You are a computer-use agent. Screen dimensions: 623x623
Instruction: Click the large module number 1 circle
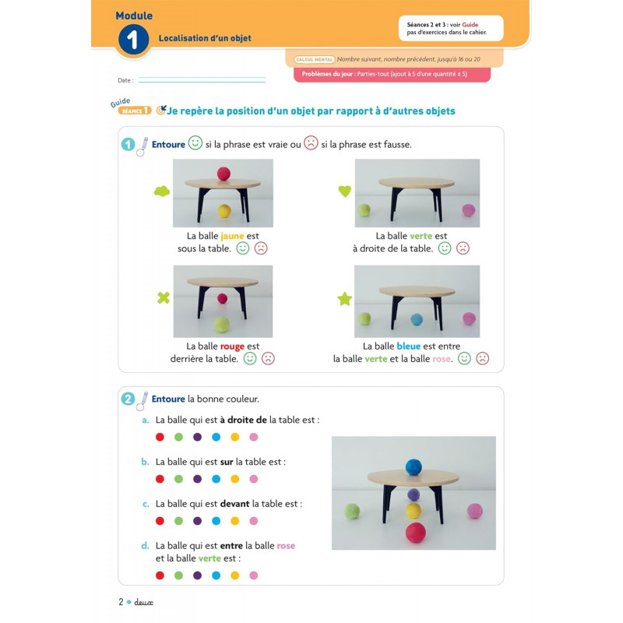point(133,40)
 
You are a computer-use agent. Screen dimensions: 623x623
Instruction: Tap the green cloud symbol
point(162,192)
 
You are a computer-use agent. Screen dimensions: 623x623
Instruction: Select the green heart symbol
point(344,191)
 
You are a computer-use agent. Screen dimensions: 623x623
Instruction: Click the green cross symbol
point(164,297)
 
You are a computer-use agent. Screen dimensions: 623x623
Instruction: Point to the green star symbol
point(344,298)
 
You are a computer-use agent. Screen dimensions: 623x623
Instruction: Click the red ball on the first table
point(224,174)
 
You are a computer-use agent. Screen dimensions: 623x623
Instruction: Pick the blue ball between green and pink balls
point(417,319)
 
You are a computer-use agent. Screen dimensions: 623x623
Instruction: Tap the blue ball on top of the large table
point(414,466)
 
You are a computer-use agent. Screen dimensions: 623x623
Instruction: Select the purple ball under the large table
point(414,495)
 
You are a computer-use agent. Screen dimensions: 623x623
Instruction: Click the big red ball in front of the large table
point(416,533)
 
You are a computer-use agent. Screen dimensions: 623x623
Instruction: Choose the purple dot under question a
point(198,437)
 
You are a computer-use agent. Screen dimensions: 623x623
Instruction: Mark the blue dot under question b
point(216,479)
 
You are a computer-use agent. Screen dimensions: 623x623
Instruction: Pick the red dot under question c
point(160,521)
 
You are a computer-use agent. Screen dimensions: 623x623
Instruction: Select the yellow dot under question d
point(235,575)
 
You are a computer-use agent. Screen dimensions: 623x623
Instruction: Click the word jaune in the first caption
point(232,236)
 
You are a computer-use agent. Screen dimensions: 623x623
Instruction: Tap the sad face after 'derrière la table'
point(268,358)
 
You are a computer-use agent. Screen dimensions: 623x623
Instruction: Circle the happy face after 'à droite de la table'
point(445,248)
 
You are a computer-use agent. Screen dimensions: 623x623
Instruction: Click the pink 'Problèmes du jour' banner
point(392,74)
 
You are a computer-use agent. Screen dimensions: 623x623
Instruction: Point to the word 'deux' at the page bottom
point(143,602)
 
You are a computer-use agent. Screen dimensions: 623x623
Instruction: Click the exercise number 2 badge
point(128,399)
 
